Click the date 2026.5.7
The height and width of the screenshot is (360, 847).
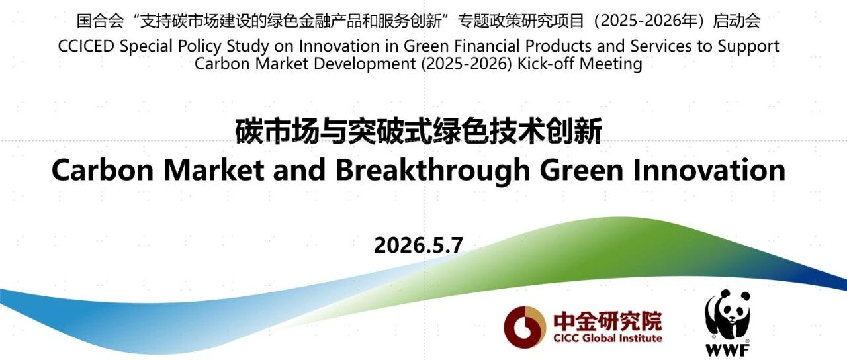[419, 245]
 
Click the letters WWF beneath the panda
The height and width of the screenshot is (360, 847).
[727, 349]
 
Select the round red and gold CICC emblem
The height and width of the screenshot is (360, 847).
[525, 327]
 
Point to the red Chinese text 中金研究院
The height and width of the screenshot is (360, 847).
[607, 321]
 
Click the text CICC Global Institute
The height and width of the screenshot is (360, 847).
[607, 338]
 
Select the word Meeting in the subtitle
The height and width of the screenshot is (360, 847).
[611, 64]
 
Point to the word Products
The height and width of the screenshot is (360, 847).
[558, 46]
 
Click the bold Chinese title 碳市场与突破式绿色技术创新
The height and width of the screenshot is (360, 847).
[419, 131]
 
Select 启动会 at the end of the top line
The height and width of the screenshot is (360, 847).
[736, 21]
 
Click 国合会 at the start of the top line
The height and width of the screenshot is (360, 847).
[100, 21]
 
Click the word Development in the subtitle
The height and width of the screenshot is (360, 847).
[365, 64]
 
